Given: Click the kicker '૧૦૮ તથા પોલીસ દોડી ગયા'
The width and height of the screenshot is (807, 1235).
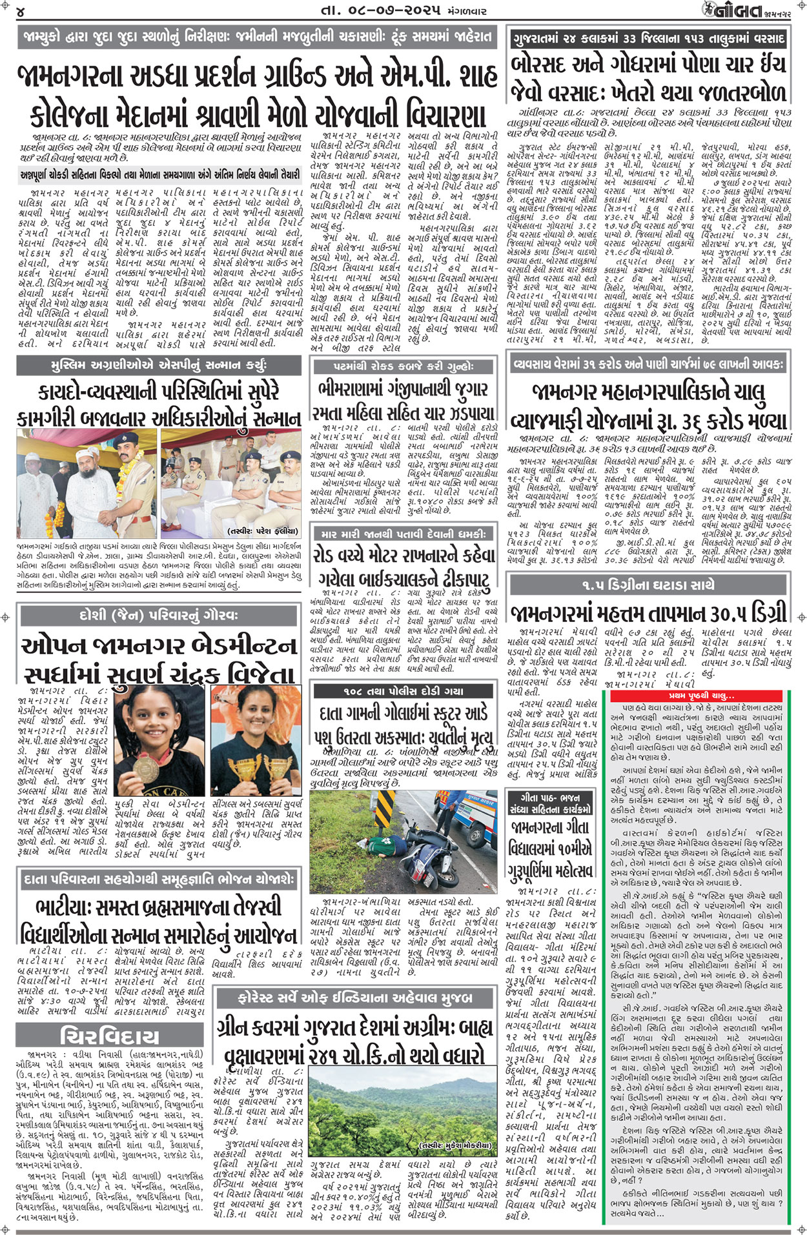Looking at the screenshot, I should pos(403,691).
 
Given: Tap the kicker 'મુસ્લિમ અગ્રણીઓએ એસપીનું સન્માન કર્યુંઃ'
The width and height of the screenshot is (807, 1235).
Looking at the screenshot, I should pos(159,366).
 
